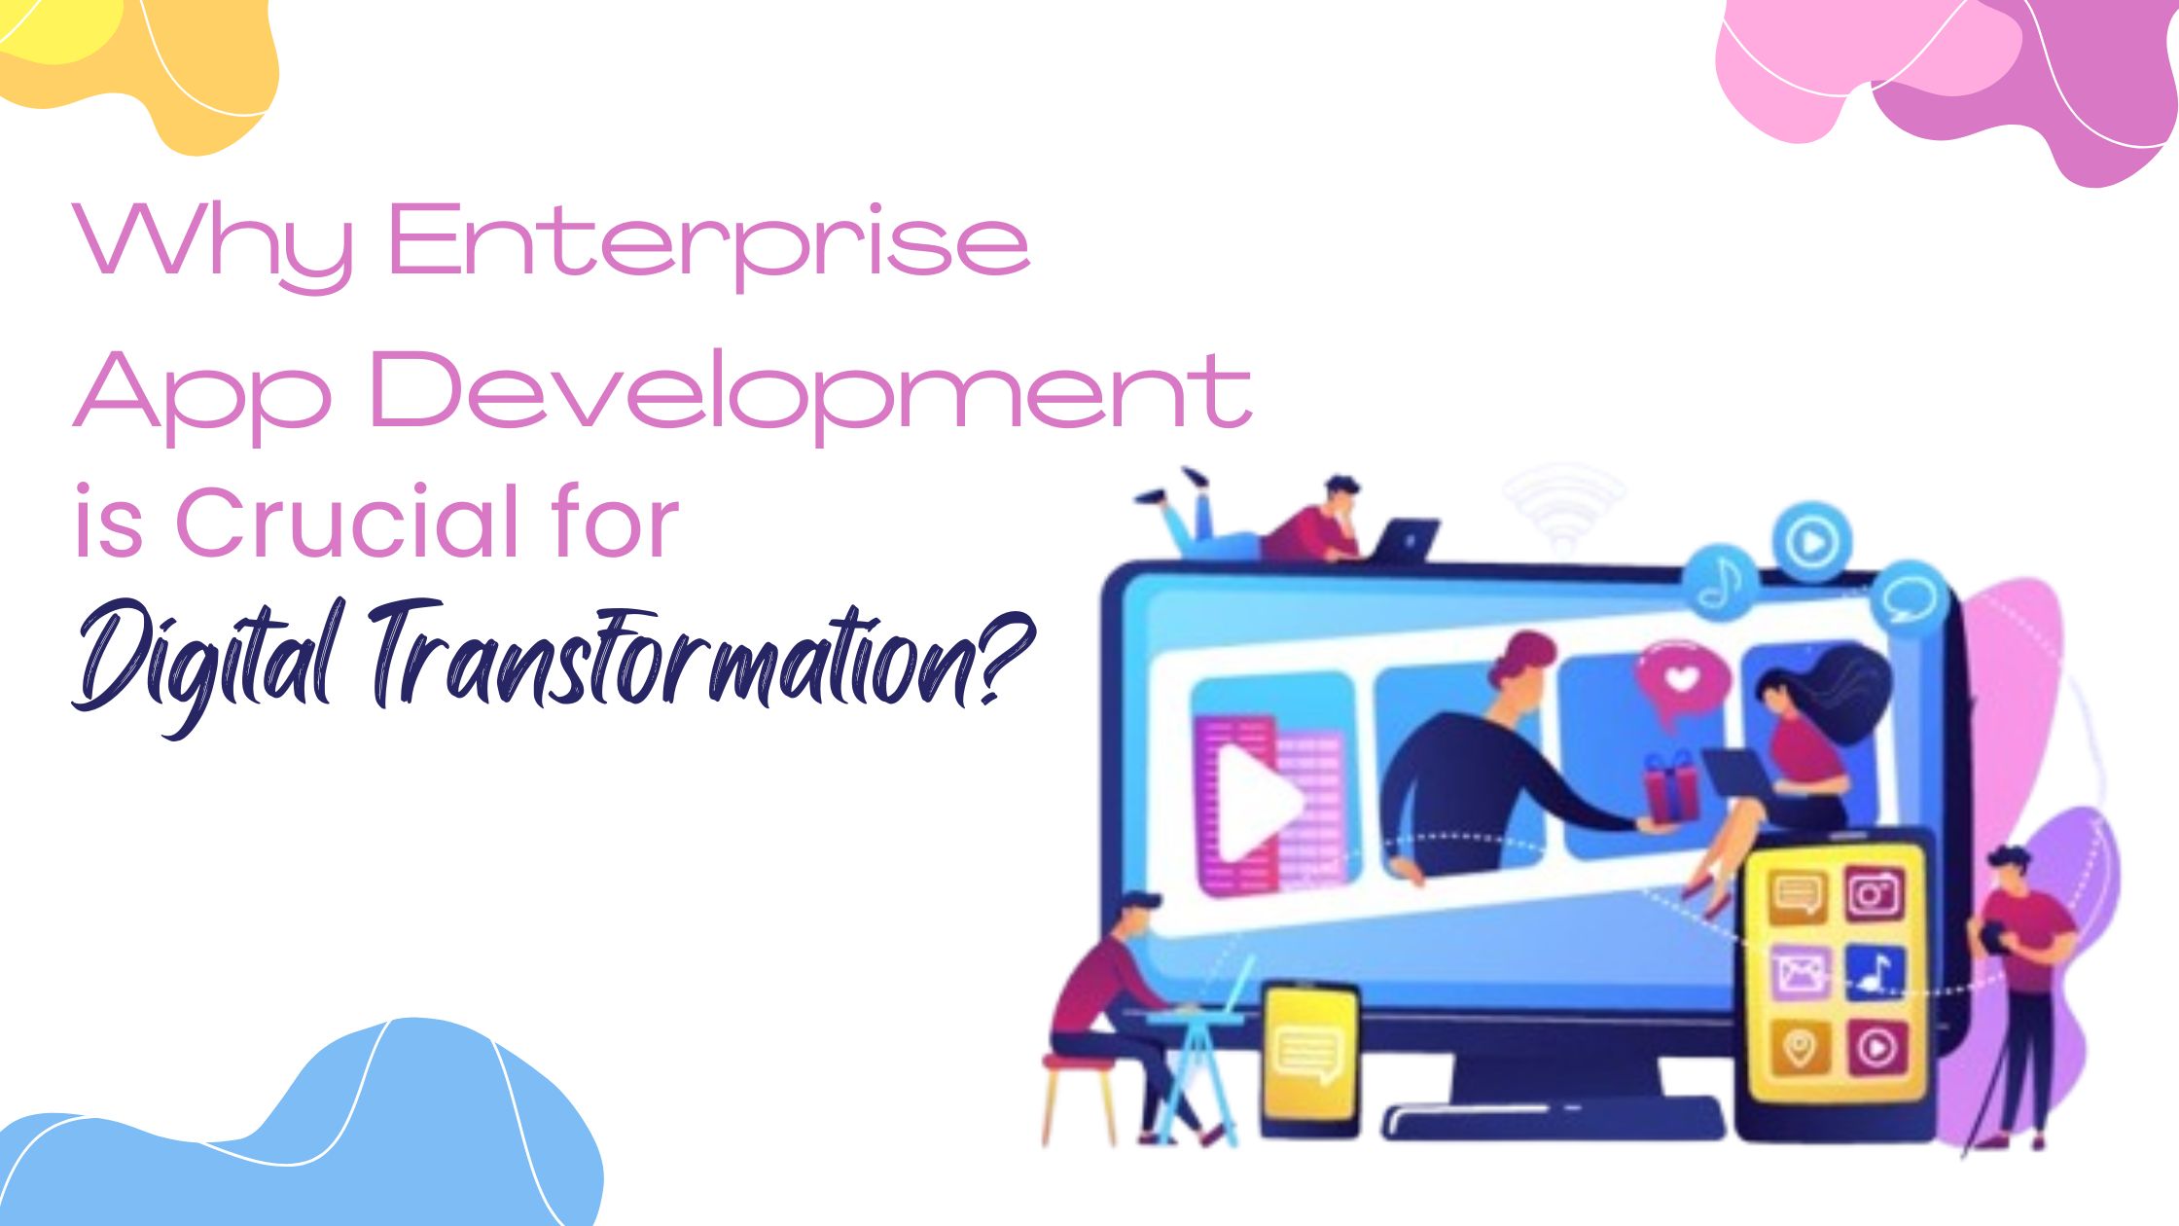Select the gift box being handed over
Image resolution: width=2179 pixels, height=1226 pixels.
(1672, 786)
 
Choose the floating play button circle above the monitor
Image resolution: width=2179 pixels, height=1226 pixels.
(1811, 542)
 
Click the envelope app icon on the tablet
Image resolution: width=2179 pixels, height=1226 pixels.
(1799, 972)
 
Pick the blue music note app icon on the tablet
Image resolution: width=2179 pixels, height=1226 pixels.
(1875, 971)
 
